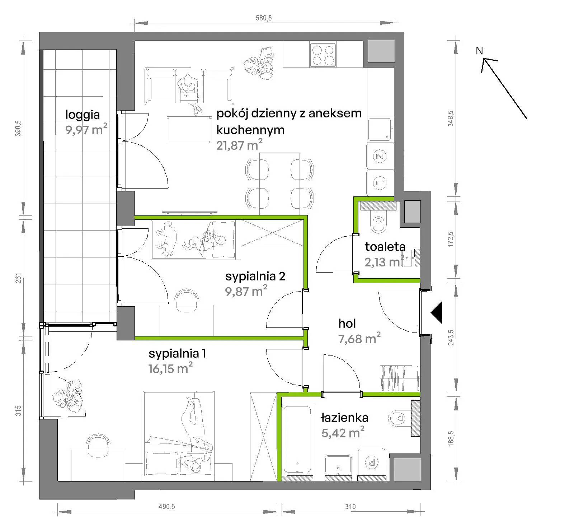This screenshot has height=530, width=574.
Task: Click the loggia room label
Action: [x=83, y=115]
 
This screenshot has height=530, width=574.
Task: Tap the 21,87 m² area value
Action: [x=239, y=145]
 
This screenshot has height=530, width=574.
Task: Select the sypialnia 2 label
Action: [x=255, y=276]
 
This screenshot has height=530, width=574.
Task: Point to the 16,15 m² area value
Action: [x=170, y=368]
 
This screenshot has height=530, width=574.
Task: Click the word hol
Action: [x=347, y=324]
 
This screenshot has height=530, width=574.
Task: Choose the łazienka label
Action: [x=345, y=418]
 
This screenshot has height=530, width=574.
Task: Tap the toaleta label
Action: [x=385, y=247]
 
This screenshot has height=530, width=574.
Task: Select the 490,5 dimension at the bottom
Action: [x=167, y=507]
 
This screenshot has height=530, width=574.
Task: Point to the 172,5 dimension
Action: [x=451, y=239]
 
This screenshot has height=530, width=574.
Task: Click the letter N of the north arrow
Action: [x=479, y=51]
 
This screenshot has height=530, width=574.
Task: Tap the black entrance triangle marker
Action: [x=436, y=313]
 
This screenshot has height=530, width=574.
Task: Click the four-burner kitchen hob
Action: [x=323, y=55]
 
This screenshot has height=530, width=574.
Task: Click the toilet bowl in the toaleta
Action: [x=378, y=224]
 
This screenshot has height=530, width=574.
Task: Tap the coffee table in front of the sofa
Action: [x=189, y=130]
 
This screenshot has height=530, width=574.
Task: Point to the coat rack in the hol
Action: [x=400, y=378]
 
